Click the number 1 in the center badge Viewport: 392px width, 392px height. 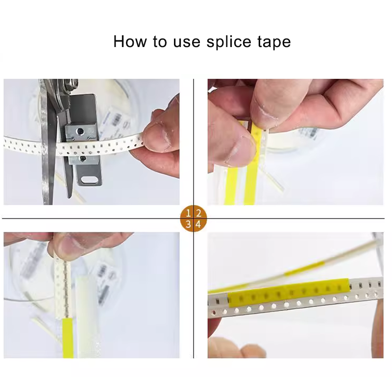point(188,213)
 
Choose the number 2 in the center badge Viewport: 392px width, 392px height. point(198,213)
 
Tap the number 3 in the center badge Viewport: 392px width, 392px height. point(188,224)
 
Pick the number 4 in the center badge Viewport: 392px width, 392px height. point(198,224)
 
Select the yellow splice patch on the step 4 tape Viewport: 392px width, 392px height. point(289,293)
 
